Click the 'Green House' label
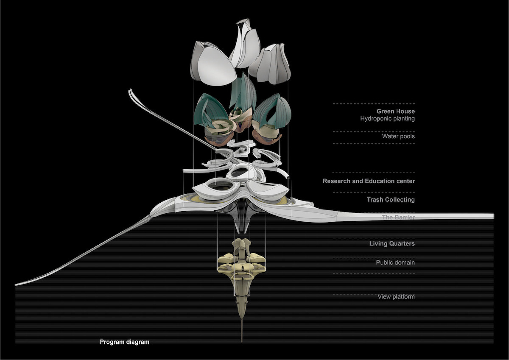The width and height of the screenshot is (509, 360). point(396,112)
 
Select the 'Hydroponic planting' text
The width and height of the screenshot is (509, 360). point(387,119)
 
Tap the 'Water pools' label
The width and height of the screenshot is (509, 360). point(398,137)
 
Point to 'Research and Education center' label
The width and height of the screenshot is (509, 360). point(369,181)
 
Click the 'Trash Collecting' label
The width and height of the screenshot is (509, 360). point(391,199)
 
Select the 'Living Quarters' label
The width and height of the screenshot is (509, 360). point(392,243)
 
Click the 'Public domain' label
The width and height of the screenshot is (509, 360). point(395,262)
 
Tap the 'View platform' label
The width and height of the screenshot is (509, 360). point(396,296)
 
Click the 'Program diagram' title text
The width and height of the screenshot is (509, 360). point(125,342)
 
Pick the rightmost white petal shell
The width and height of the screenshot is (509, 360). point(271,64)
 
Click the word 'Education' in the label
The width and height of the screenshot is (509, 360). point(376,181)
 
